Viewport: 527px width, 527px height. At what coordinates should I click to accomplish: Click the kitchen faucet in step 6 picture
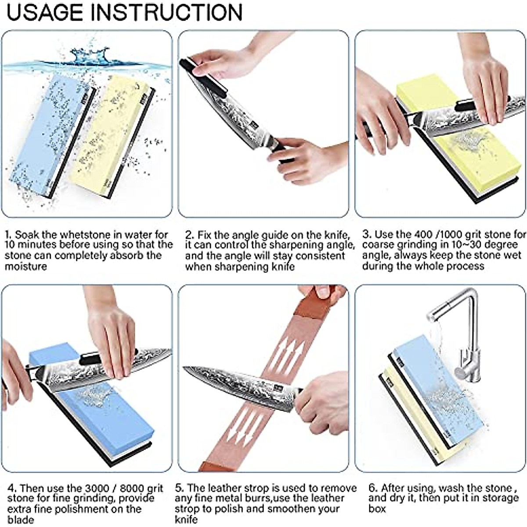point(457,325)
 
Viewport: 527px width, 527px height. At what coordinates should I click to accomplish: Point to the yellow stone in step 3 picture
point(474,162)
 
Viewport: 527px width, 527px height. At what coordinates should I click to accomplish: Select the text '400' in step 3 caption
point(430,234)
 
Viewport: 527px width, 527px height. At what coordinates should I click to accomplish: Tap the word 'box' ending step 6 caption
point(377,509)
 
